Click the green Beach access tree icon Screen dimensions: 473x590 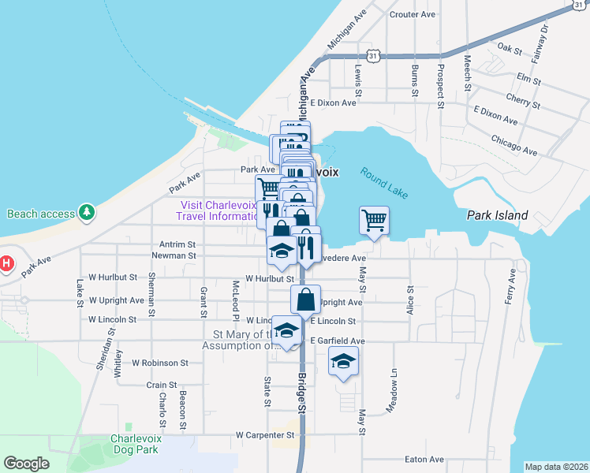(87, 213)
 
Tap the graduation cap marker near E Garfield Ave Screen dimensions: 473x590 (342, 363)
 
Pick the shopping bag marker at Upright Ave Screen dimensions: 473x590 (305, 300)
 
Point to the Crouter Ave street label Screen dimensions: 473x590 (413, 14)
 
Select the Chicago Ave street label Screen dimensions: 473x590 (513, 145)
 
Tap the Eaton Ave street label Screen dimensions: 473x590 (424, 460)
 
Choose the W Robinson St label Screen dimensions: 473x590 (159, 363)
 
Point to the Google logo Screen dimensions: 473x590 (26, 464)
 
